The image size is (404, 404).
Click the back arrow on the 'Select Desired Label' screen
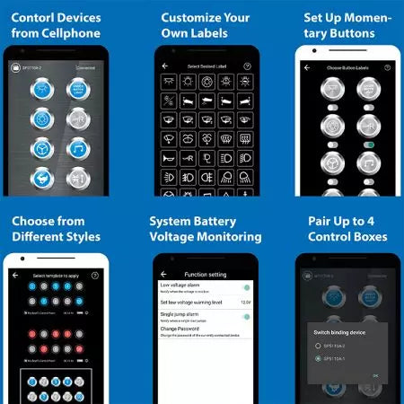click(164, 66)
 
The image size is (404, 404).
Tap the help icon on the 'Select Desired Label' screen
click(240, 66)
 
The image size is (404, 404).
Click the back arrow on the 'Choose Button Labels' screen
click(303, 66)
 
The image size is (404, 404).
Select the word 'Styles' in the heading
click(81, 237)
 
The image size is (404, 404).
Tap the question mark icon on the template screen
click(95, 275)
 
